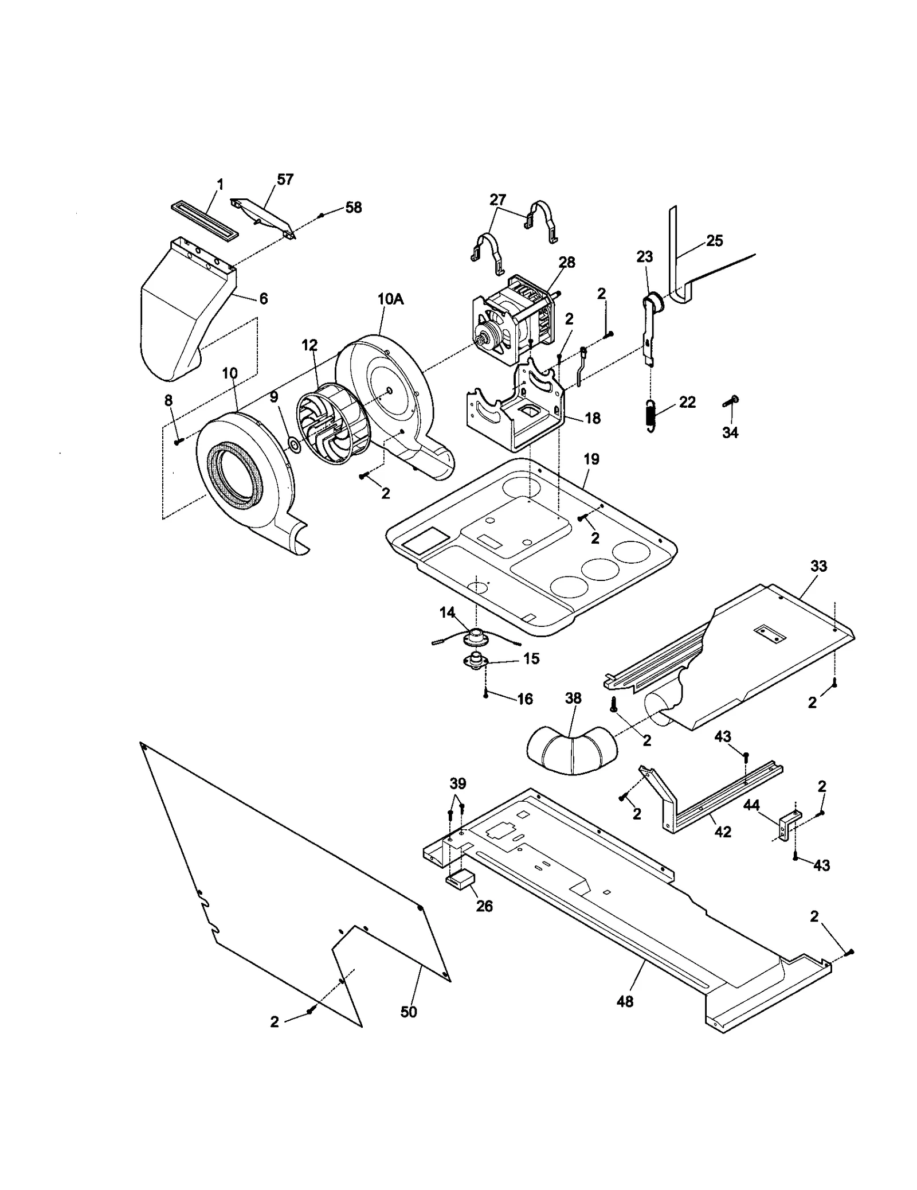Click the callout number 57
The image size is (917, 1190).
tap(285, 180)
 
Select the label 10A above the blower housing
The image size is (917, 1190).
tap(390, 299)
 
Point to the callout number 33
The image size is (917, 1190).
tap(818, 566)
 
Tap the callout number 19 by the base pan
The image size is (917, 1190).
tap(591, 459)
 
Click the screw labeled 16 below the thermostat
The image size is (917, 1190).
tap(486, 694)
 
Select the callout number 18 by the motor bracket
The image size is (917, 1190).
tap(593, 418)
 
